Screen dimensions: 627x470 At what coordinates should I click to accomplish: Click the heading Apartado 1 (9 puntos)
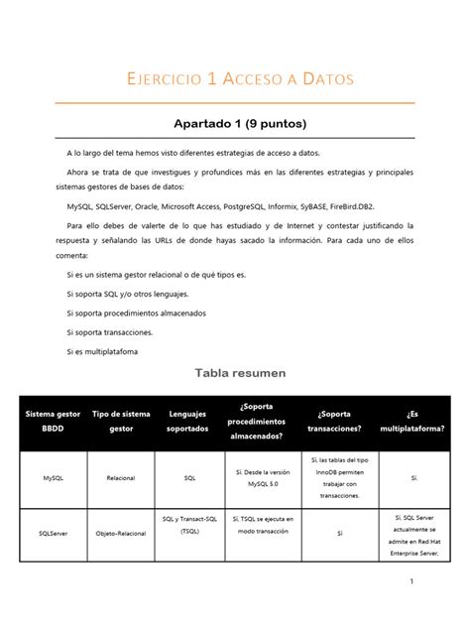pyautogui.click(x=234, y=124)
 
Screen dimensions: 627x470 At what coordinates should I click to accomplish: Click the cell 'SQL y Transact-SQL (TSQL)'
pyautogui.click(x=189, y=525)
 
